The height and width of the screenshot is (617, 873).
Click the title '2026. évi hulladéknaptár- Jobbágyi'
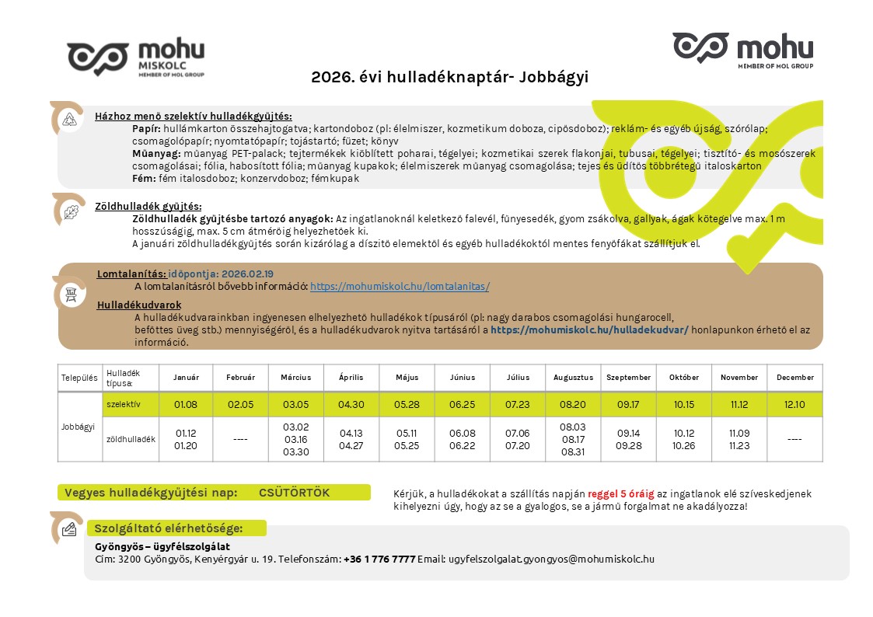pyautogui.click(x=449, y=77)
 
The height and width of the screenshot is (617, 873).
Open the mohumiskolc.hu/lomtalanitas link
pyautogui.click(x=400, y=286)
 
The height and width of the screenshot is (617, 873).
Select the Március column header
pyautogui.click(x=295, y=378)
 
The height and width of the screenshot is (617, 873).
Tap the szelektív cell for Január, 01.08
pyautogui.click(x=186, y=404)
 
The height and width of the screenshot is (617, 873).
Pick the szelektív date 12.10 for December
pyautogui.click(x=794, y=404)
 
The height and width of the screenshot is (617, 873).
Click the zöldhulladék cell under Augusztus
pyautogui.click(x=573, y=439)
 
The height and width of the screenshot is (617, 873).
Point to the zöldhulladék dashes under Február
pyautogui.click(x=240, y=440)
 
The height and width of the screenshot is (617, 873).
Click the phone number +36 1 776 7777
pyautogui.click(x=379, y=559)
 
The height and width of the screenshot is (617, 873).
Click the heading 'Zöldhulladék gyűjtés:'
pyautogui.click(x=148, y=207)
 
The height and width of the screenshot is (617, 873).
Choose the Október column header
pyautogui.click(x=683, y=378)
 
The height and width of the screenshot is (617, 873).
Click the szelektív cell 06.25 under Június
pyautogui.click(x=462, y=404)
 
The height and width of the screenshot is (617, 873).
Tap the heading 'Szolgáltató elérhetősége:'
pyautogui.click(x=169, y=528)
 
